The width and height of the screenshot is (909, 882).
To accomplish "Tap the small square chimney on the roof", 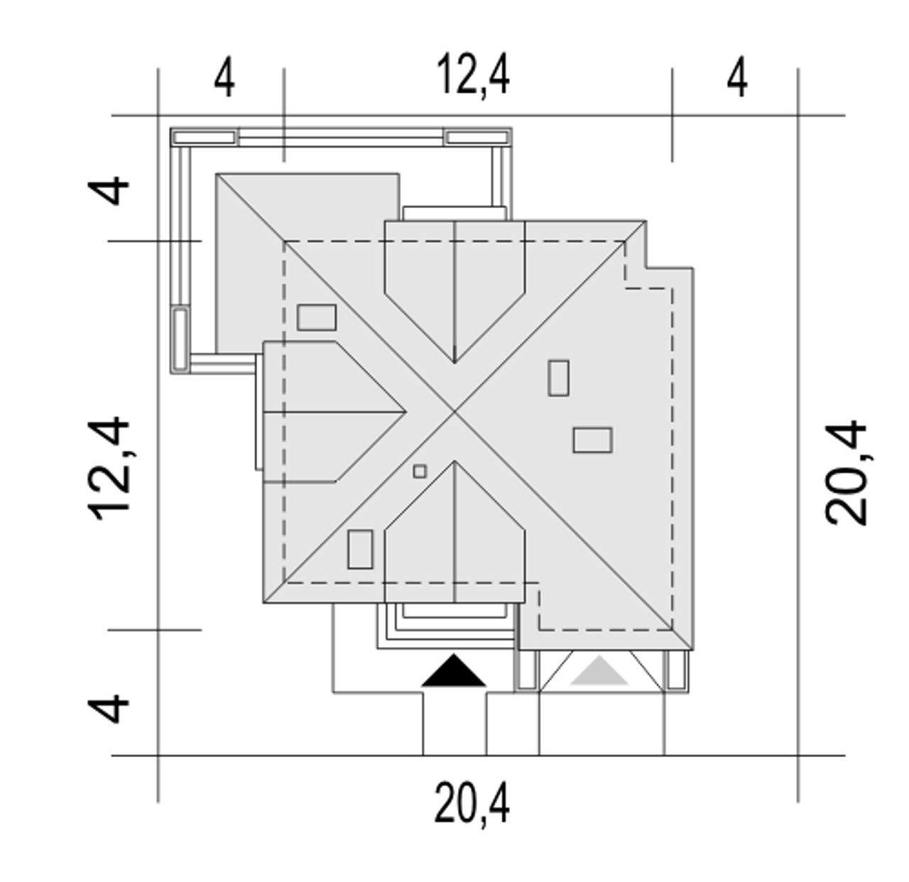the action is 420,472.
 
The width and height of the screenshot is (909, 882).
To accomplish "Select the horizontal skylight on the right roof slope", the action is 592,440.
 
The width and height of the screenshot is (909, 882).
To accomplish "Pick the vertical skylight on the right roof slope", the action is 558,378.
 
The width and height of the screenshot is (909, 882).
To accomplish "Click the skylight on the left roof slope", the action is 317,317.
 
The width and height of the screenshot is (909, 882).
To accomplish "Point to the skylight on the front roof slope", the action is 360,550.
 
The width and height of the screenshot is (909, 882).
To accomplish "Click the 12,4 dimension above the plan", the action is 473,75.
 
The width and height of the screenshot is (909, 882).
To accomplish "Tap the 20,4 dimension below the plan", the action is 472,803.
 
